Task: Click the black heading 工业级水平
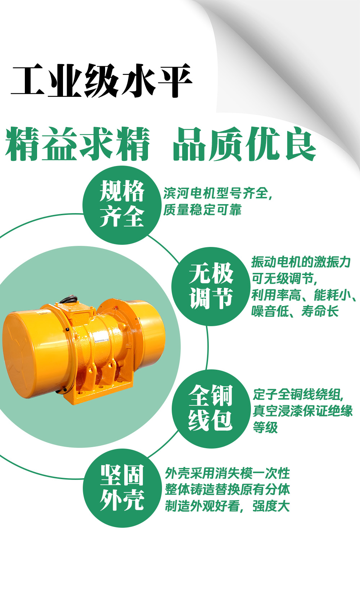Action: pyautogui.click(x=102, y=81)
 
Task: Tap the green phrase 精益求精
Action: pyautogui.click(x=77, y=144)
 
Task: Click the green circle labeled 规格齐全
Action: pyautogui.click(x=122, y=204)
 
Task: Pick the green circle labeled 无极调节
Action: pyautogui.click(x=211, y=286)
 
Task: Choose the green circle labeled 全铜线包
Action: pyautogui.click(x=211, y=408)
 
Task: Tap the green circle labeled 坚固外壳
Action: pyautogui.click(x=122, y=488)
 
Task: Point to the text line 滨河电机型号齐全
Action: pyautogui.click(x=217, y=193)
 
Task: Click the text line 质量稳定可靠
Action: pyautogui.click(x=202, y=210)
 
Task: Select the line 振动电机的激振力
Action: pyautogui.click(x=301, y=262)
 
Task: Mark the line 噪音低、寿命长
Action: pyautogui.click(x=295, y=311)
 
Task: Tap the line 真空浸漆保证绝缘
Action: pyautogui.click(x=302, y=410)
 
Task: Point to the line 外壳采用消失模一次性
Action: pyautogui.click(x=227, y=473)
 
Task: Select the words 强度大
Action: pyautogui.click(x=271, y=506)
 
